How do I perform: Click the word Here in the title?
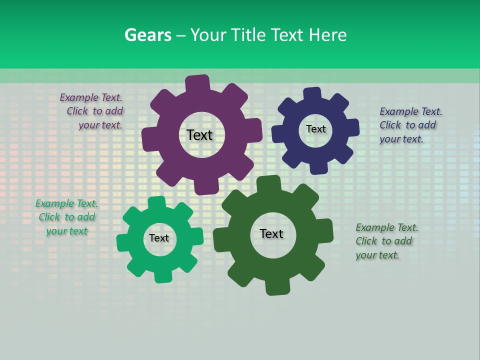tap(327, 35)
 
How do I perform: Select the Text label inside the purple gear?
tap(199, 135)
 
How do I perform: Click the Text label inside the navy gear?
tap(315, 129)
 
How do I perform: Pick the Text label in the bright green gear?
tap(159, 238)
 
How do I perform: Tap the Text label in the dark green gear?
tap(271, 233)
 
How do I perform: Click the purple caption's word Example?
tap(77, 97)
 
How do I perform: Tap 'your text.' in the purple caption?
tap(100, 125)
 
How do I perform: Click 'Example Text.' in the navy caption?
tap(410, 111)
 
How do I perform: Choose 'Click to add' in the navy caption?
tap(407, 125)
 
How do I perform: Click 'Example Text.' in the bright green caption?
tap(66, 203)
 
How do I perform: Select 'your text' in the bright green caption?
tap(66, 231)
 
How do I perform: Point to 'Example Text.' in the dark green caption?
tap(386, 227)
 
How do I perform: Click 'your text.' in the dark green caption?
tap(377, 255)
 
